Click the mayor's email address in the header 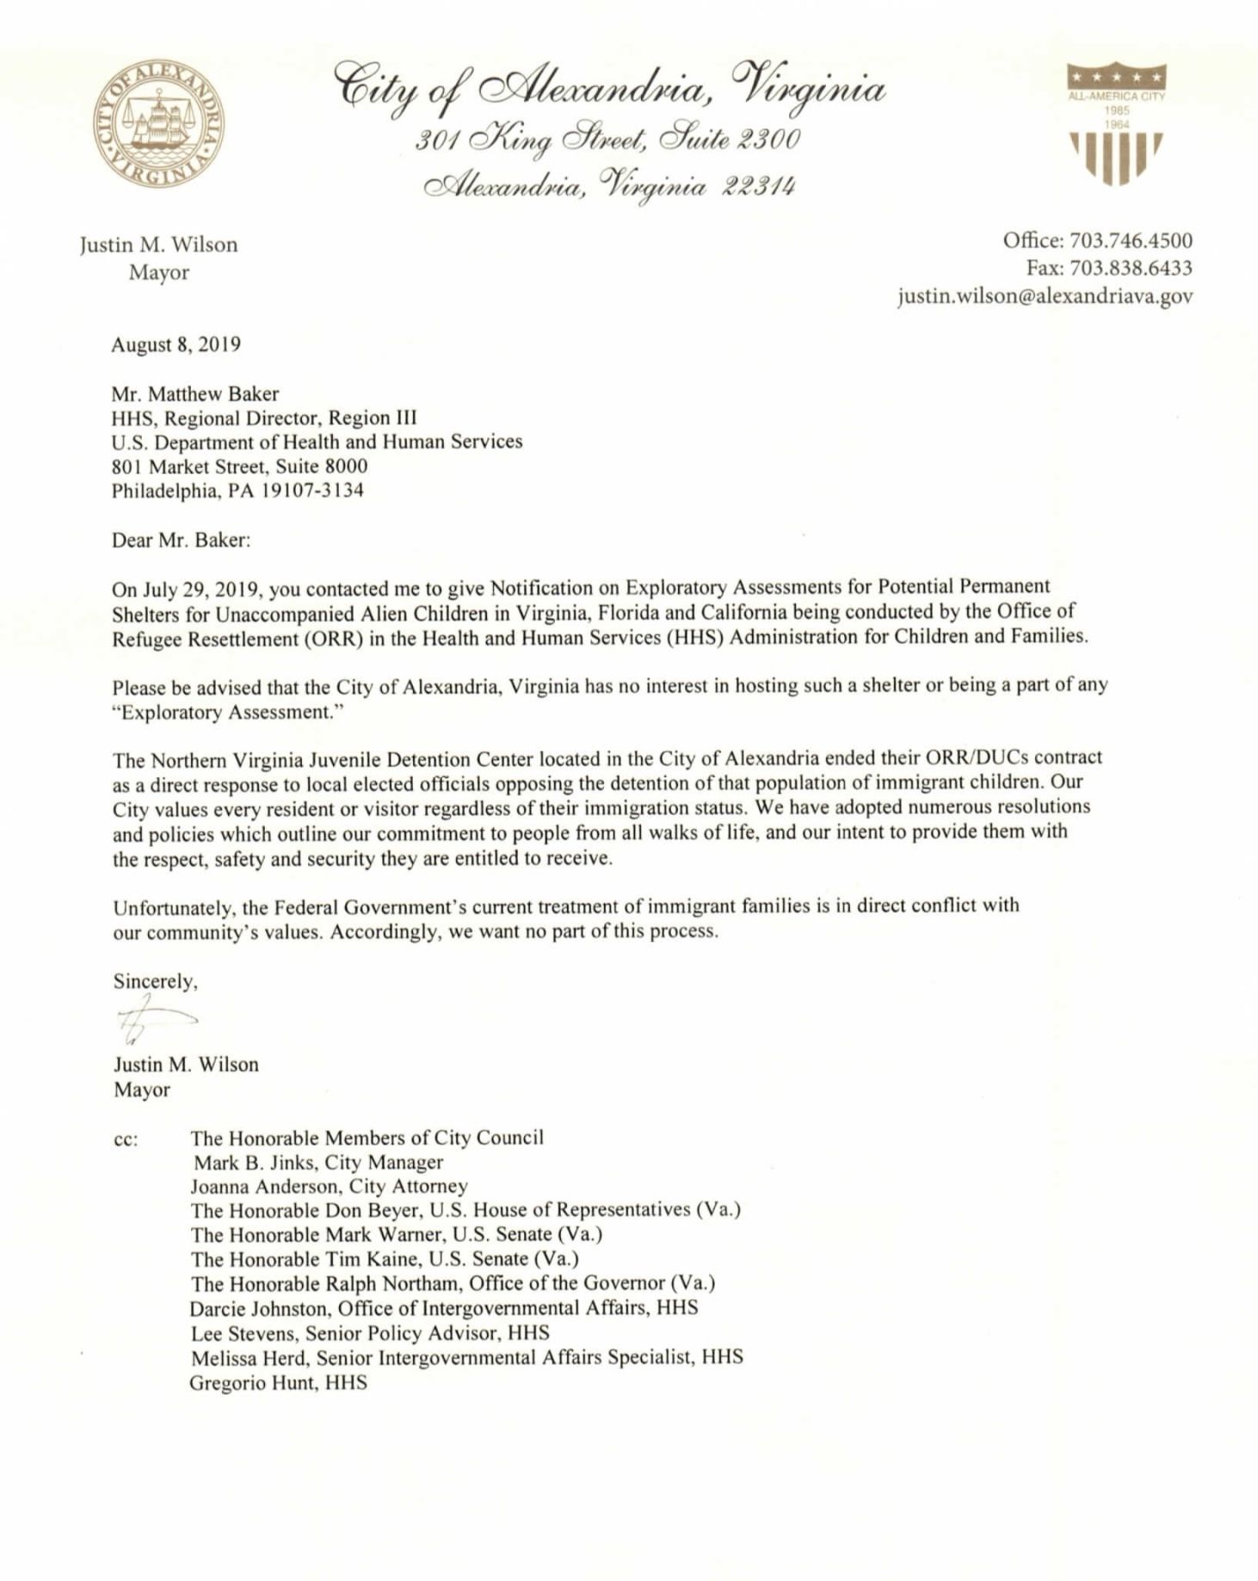[x=1045, y=296]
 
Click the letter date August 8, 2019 [x=176, y=345]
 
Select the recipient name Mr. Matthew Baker [x=195, y=394]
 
